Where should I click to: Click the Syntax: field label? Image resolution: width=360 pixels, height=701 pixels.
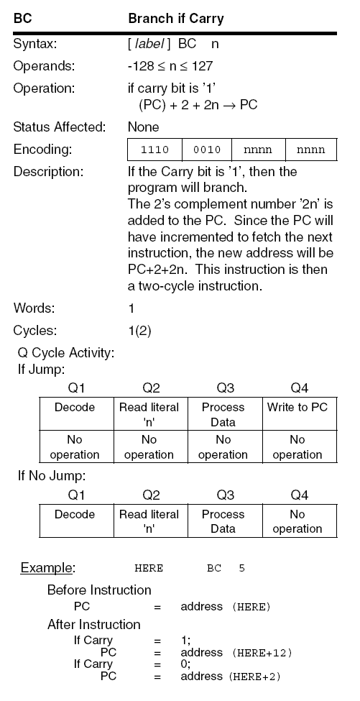pos(35,44)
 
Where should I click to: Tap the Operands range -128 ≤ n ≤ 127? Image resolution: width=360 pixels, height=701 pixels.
pos(170,65)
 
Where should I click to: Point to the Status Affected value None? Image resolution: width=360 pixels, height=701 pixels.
pos(144,127)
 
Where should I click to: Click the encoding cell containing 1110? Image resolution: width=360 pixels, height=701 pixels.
pos(154,150)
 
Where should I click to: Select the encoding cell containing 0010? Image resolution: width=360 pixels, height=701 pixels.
pos(208,150)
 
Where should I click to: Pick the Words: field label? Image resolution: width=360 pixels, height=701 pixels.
pos(32,308)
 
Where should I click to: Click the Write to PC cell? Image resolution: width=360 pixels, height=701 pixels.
pos(297,407)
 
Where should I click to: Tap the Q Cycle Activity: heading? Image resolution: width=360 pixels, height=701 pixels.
pos(67,354)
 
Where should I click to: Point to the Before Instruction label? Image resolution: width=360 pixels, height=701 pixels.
pos(99,590)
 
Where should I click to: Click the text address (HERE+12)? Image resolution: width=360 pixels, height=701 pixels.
pos(236,653)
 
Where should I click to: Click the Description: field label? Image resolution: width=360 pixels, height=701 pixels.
pos(48,172)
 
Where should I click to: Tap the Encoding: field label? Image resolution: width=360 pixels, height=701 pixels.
pos(42,150)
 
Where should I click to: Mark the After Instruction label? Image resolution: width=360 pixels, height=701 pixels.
pos(93,624)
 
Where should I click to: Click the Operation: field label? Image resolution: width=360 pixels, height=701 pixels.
pos(44,90)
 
